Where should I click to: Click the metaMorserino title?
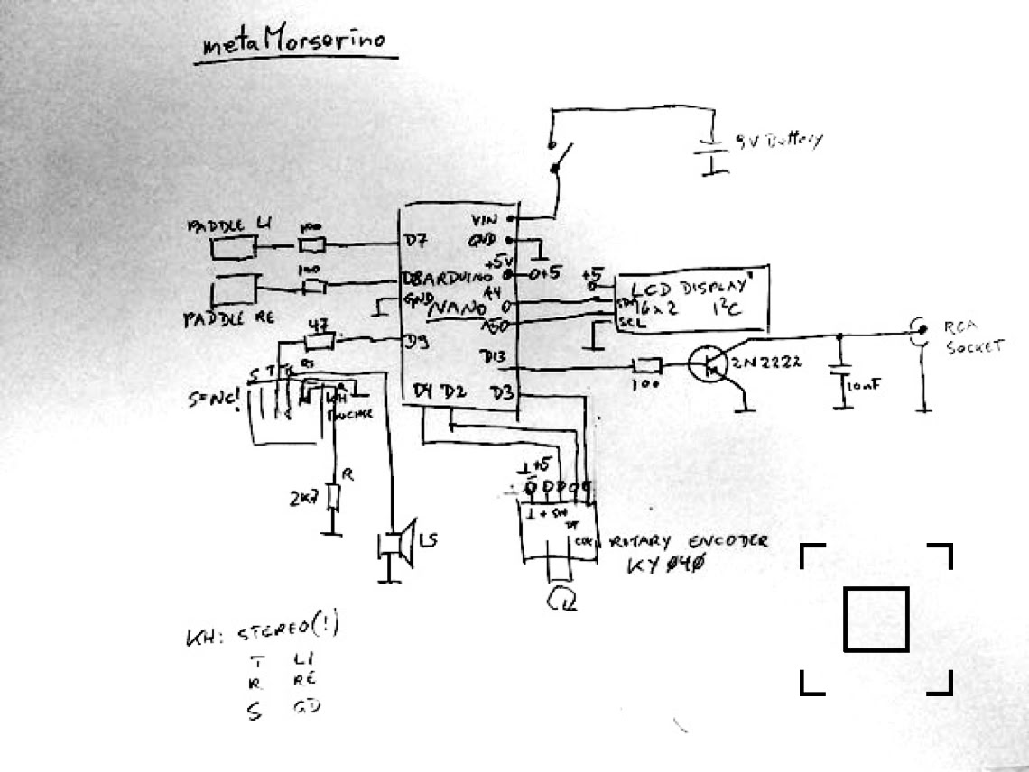pos(293,43)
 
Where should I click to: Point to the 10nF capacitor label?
pos(862,387)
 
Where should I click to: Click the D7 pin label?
pos(415,241)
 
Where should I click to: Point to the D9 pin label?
pos(416,341)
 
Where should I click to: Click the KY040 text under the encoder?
pos(665,565)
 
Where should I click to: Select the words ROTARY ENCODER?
pos(690,541)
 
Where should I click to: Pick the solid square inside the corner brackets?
pos(876,619)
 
